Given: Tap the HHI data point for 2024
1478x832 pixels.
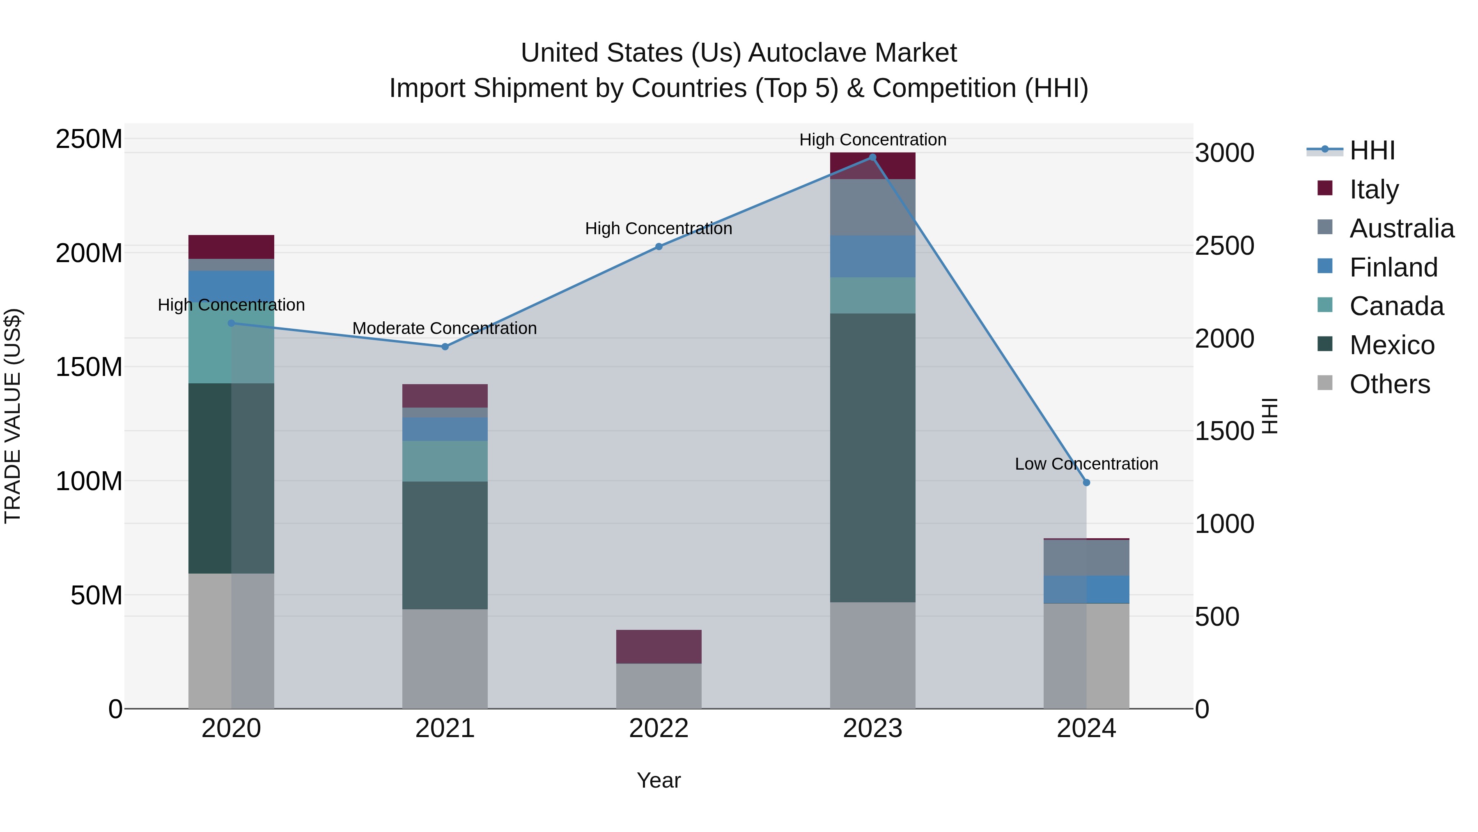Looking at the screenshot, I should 1086,483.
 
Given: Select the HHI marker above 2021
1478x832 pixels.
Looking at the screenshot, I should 445,347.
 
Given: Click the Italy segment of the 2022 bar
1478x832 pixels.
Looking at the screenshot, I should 659,647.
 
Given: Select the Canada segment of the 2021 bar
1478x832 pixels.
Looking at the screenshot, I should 445,461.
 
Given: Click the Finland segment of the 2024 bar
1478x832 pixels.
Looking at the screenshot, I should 1086,589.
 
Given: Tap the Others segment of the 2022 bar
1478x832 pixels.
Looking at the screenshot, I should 659,686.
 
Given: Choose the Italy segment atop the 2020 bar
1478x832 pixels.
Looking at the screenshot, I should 231,247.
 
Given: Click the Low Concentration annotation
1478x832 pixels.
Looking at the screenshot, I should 1086,464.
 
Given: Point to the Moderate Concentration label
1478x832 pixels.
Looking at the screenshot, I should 445,328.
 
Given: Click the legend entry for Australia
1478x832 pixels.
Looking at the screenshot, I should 1401,228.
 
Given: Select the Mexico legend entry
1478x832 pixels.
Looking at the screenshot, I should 1391,345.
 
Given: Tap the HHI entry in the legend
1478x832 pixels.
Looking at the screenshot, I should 1371,150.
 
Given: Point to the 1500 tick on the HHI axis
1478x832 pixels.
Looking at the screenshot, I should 1224,431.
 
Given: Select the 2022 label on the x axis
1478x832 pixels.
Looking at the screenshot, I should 659,728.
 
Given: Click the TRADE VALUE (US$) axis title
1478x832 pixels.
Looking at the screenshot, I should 13,416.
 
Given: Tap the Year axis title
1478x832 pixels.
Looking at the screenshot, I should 659,780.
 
